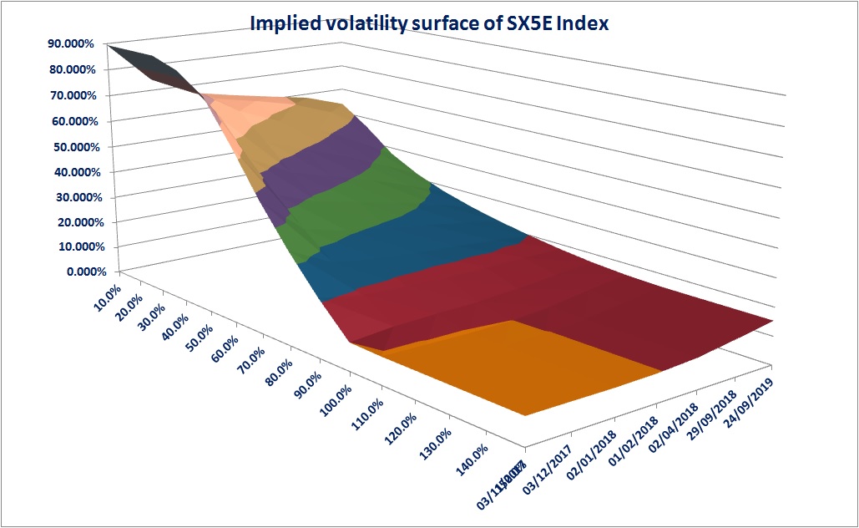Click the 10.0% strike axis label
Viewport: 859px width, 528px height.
click(x=104, y=297)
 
